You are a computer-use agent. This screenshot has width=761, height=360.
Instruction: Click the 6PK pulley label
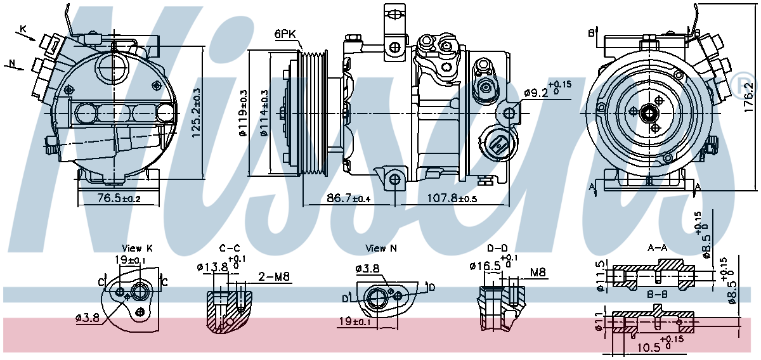tap(285, 35)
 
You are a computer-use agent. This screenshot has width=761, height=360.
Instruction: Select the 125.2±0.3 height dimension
tap(196, 112)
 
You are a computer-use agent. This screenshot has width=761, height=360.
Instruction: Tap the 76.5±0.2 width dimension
tap(119, 199)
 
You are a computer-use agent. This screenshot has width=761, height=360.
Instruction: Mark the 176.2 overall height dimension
tap(749, 96)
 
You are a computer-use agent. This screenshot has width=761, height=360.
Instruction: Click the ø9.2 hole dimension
tap(547, 93)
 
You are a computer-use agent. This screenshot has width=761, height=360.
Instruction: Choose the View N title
tap(381, 248)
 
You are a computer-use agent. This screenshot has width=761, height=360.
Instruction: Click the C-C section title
tap(229, 248)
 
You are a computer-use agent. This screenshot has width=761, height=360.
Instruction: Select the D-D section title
tap(497, 248)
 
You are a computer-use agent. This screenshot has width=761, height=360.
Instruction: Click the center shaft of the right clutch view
tap(649, 114)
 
